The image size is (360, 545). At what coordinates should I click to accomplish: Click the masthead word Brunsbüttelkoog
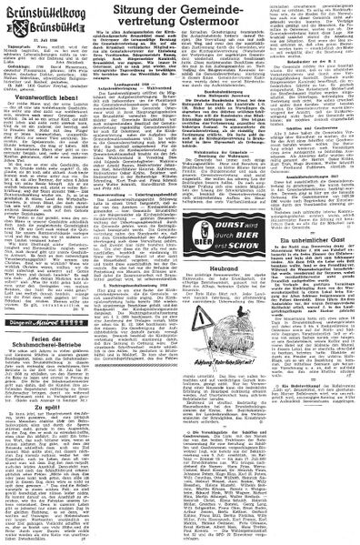coord(45,11)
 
